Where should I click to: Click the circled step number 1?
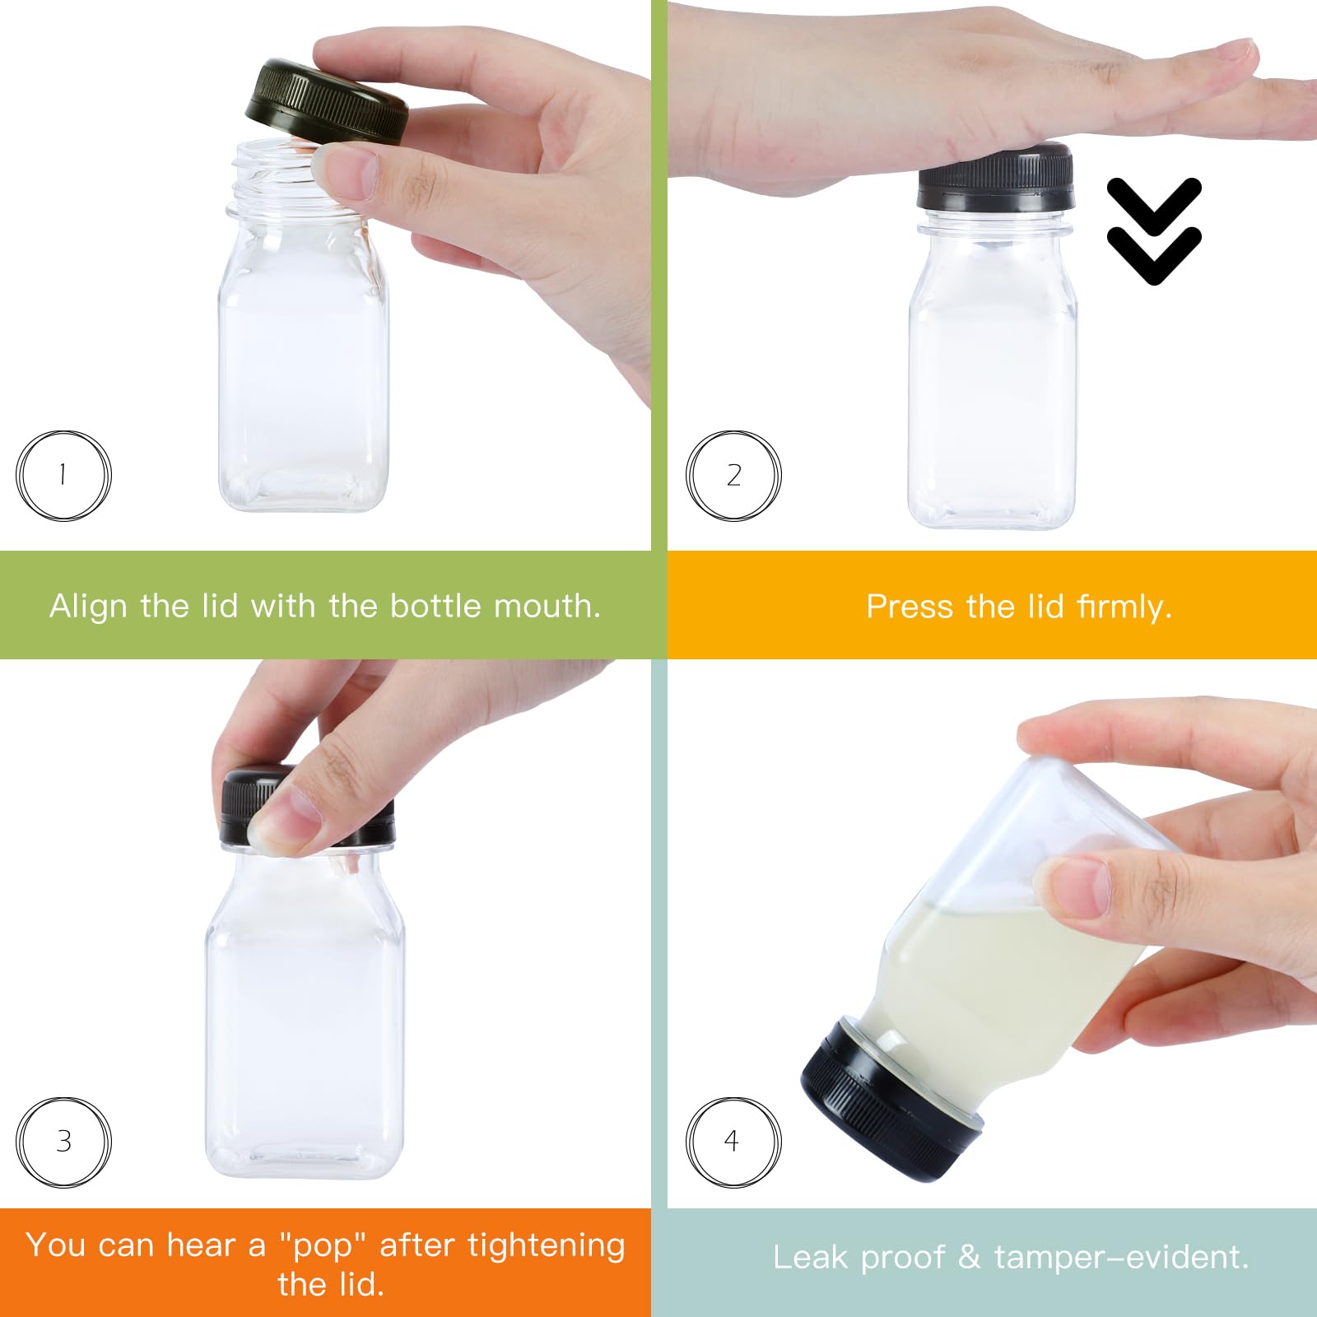pos(63,475)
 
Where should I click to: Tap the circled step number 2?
pos(733,475)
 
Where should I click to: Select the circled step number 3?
pos(63,1142)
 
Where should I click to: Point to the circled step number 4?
pos(732,1142)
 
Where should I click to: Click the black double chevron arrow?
pos(1153,230)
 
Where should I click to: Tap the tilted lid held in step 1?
pos(326,103)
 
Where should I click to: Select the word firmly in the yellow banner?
pos(1124,607)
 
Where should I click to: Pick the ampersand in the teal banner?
pos(969,1257)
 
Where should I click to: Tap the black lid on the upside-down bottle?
pos(889,1103)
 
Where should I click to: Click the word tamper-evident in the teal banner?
pos(1121,1257)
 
